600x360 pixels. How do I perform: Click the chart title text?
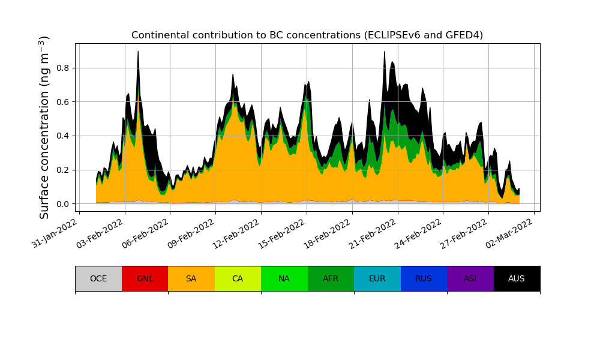coord(307,35)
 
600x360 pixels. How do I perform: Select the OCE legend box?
coord(98,278)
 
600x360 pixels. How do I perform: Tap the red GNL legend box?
coord(145,278)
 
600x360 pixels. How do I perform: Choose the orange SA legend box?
coord(191,278)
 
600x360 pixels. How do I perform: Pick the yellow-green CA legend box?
coord(238,278)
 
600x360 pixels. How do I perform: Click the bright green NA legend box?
coord(284,278)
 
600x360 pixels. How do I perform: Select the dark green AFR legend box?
coord(331,278)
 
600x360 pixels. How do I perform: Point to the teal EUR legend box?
coord(377,278)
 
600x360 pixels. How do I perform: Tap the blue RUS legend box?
coord(424,278)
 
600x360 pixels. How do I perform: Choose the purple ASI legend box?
coord(470,278)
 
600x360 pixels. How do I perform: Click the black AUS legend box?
coord(517,278)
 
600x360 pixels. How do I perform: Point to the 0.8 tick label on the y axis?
coord(63,68)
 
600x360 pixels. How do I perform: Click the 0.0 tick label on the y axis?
coord(63,204)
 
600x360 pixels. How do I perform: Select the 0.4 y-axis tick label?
coord(63,136)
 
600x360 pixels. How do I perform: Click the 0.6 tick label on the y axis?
coord(63,102)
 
